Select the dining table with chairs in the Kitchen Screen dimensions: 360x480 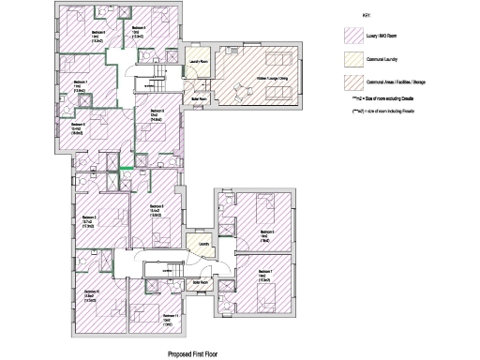[235, 65]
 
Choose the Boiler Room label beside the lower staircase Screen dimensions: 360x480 [199, 280]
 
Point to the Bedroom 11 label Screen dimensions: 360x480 [169, 317]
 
